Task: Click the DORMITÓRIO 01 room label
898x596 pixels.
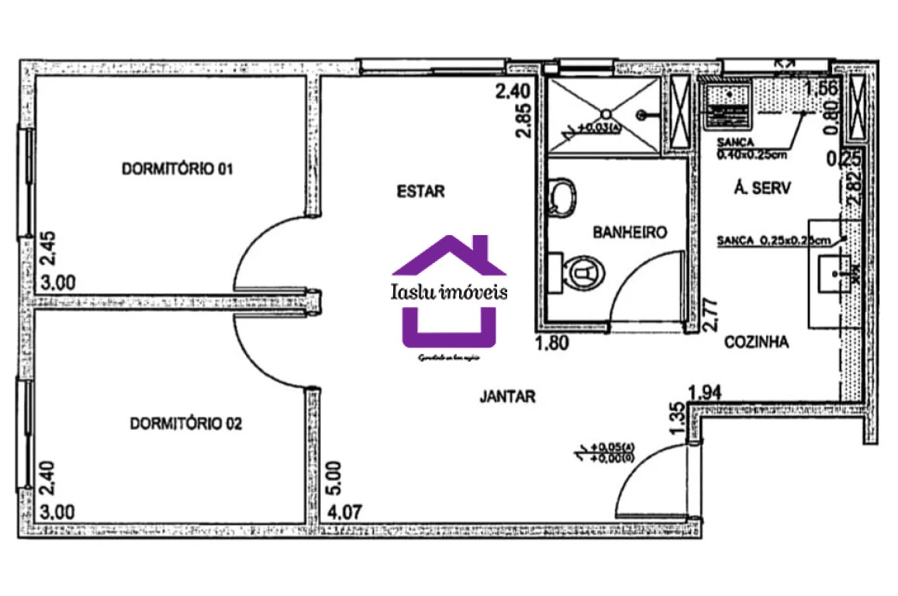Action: (177, 168)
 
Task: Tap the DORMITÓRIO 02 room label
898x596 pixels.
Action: (186, 424)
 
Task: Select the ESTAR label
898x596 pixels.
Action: (420, 192)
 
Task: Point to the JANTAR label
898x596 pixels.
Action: (507, 397)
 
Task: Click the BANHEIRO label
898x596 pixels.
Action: (630, 232)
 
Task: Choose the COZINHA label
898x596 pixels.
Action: (756, 341)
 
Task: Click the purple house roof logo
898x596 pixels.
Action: (450, 256)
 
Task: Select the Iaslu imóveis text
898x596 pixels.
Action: (450, 292)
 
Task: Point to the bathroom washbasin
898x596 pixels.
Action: (561, 197)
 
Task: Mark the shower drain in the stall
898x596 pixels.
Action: (641, 115)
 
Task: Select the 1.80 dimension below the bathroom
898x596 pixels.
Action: (552, 343)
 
